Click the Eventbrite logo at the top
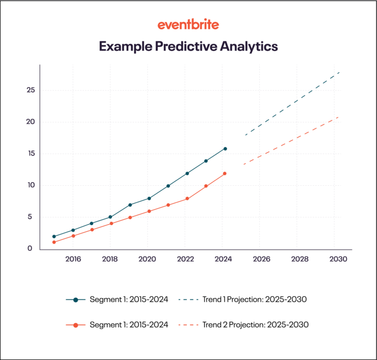click(x=188, y=25)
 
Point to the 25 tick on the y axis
click(x=31, y=90)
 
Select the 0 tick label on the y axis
click(x=30, y=249)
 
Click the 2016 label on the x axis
click(x=73, y=259)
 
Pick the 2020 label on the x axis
click(x=148, y=259)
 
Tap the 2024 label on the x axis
click(x=223, y=259)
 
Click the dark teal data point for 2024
click(x=225, y=149)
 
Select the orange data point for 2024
click(x=225, y=174)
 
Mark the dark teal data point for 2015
click(x=54, y=237)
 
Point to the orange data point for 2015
click(x=54, y=242)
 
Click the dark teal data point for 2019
click(x=130, y=205)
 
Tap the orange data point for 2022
click(x=187, y=199)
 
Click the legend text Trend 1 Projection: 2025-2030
click(x=254, y=300)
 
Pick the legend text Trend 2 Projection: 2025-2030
click(x=256, y=325)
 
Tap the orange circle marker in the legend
click(x=75, y=325)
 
